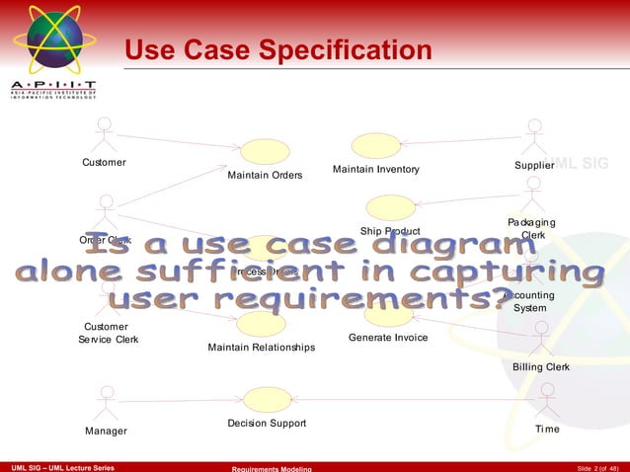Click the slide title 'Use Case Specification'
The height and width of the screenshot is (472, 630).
tap(278, 49)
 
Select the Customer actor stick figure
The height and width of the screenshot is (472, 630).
tap(104, 134)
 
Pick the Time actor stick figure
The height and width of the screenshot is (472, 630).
tap(546, 401)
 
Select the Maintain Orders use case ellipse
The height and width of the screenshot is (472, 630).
tap(264, 152)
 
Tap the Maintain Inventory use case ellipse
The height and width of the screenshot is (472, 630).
tap(376, 145)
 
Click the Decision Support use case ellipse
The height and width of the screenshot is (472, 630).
tap(266, 399)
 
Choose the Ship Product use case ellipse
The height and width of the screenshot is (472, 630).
tap(390, 207)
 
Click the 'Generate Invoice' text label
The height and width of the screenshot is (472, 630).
tap(388, 338)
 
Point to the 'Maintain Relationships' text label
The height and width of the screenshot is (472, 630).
tap(261, 348)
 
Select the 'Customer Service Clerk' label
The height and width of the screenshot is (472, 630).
tap(108, 334)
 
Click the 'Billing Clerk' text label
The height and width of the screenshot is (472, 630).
tap(540, 367)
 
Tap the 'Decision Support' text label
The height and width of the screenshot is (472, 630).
tap(266, 424)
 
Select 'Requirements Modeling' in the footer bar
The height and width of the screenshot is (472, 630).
tap(271, 467)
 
